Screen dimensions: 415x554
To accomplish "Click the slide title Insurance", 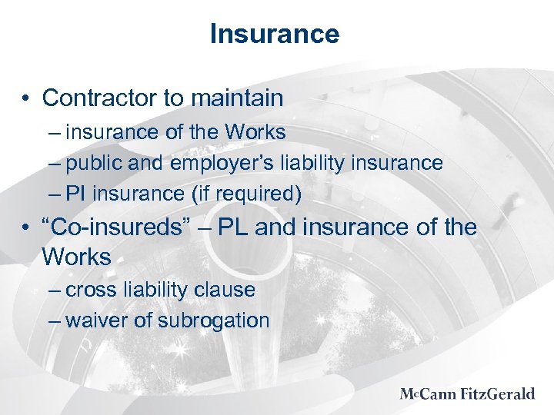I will coord(274,34).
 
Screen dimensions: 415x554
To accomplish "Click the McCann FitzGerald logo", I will coord(467,394).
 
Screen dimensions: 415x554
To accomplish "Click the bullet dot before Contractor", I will coord(27,99).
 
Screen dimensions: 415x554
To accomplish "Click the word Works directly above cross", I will coord(77,257).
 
